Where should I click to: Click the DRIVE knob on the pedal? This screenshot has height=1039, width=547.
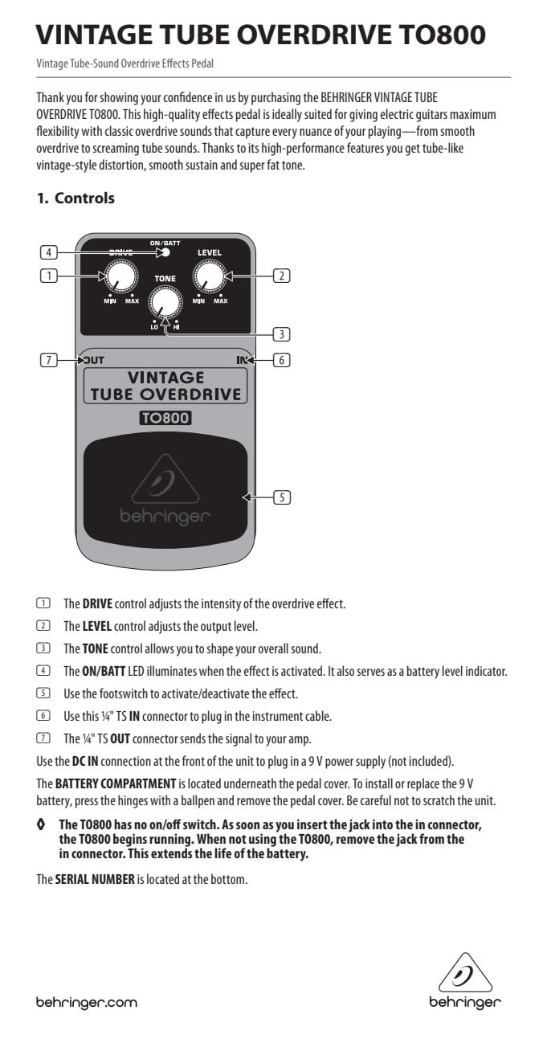click(x=121, y=276)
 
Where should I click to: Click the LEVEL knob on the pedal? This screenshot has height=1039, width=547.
click(x=210, y=276)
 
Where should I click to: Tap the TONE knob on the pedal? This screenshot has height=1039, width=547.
click(x=165, y=302)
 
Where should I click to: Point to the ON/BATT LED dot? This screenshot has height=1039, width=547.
click(x=165, y=252)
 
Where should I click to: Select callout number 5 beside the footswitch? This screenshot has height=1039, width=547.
click(x=282, y=497)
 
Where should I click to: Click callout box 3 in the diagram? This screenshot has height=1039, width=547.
click(x=281, y=334)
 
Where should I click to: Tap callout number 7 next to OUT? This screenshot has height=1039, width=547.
click(x=49, y=360)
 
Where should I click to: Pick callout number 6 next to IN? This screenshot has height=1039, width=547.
click(x=281, y=360)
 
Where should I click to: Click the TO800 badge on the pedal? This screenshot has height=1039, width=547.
click(x=165, y=419)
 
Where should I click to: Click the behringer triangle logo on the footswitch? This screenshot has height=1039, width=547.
click(x=165, y=479)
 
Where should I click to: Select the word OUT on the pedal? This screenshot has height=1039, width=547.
click(x=92, y=360)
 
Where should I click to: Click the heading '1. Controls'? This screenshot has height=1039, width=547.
click(x=76, y=198)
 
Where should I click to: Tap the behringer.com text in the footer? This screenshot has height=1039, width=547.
click(x=87, y=1002)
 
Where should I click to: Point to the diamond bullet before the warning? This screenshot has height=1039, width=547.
click(x=41, y=824)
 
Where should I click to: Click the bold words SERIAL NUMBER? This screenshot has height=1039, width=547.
click(x=95, y=879)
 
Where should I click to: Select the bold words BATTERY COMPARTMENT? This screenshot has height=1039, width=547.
click(x=116, y=783)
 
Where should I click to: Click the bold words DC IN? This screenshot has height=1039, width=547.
click(x=85, y=761)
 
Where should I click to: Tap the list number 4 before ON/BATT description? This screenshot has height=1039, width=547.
click(x=43, y=670)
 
